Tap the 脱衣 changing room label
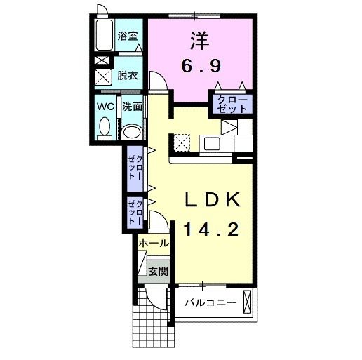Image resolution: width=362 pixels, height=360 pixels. pos(128,74)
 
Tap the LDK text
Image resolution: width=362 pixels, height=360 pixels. pos(213,201)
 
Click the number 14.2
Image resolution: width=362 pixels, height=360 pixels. pos(213,228)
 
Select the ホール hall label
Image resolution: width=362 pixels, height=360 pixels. pos(154,243)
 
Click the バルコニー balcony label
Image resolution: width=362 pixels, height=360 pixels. pos(210,303)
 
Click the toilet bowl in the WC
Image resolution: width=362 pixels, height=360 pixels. pos(105,127)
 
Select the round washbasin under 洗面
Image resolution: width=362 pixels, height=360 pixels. pos(131,131)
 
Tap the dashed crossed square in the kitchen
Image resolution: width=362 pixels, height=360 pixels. pos(183,142)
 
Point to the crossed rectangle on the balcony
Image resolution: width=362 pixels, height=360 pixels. pos(248,302)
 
